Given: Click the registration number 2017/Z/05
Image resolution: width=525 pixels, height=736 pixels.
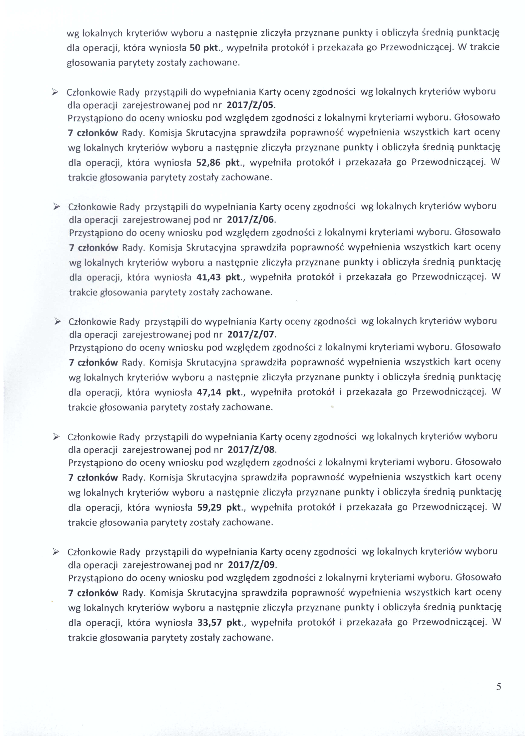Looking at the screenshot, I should (x=250, y=105).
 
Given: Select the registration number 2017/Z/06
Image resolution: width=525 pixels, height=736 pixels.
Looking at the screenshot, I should (x=251, y=220).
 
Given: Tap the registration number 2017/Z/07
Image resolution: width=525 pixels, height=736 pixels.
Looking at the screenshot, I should (x=251, y=334).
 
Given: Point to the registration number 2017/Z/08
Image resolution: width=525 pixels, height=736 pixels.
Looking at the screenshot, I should (x=251, y=449).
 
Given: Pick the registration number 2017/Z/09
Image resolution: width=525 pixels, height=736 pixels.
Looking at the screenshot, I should (x=251, y=564).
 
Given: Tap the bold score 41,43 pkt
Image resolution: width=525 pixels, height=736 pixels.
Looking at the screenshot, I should (x=219, y=277).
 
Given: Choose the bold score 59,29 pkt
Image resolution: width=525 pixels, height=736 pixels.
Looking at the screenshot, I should (x=219, y=507).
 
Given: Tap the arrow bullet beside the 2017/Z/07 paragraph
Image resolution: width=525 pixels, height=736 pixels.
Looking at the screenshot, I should (x=58, y=322).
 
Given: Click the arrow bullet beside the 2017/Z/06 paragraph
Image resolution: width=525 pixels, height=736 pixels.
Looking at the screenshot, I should (x=57, y=207).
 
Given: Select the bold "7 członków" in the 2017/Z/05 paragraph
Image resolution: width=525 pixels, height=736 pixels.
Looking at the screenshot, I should (x=93, y=133).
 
